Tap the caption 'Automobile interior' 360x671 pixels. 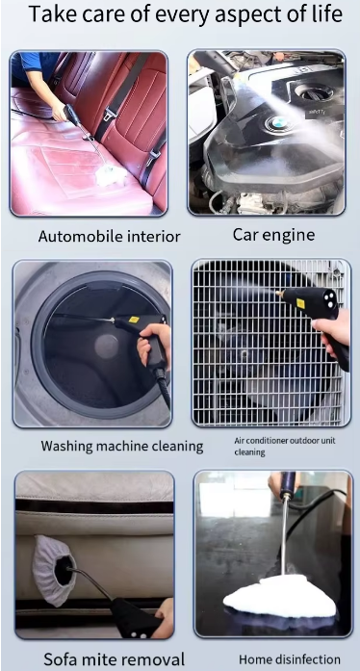(x=109, y=236)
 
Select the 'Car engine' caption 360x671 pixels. (x=273, y=234)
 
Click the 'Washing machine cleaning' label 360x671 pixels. (x=122, y=446)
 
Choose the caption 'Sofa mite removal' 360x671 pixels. (x=114, y=658)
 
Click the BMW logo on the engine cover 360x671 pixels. (x=275, y=124)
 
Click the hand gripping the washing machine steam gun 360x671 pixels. (x=153, y=344)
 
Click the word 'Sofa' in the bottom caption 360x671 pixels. (x=63, y=658)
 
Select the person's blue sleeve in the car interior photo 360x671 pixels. (x=35, y=67)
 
